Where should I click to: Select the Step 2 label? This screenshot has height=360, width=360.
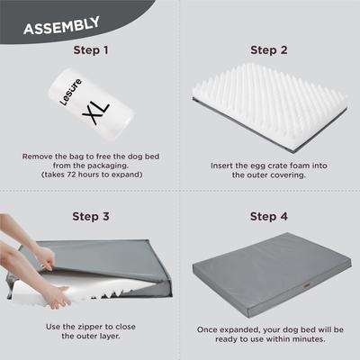269,50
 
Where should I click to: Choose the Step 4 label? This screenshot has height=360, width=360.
269,216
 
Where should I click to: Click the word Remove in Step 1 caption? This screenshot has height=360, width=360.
39,156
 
